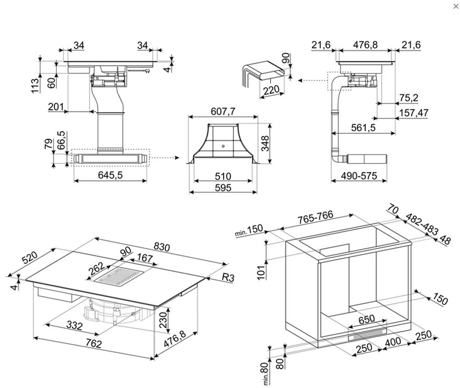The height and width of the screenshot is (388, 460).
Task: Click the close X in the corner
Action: pos(455,6)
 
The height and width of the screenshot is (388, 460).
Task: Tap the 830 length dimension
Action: pos(161,246)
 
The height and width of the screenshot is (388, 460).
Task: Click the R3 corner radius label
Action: pos(230,277)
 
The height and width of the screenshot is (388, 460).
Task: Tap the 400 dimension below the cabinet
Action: pos(393,342)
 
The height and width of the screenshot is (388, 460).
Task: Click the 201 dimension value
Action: pos(55,107)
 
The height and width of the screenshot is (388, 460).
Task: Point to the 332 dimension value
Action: pos(73,326)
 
